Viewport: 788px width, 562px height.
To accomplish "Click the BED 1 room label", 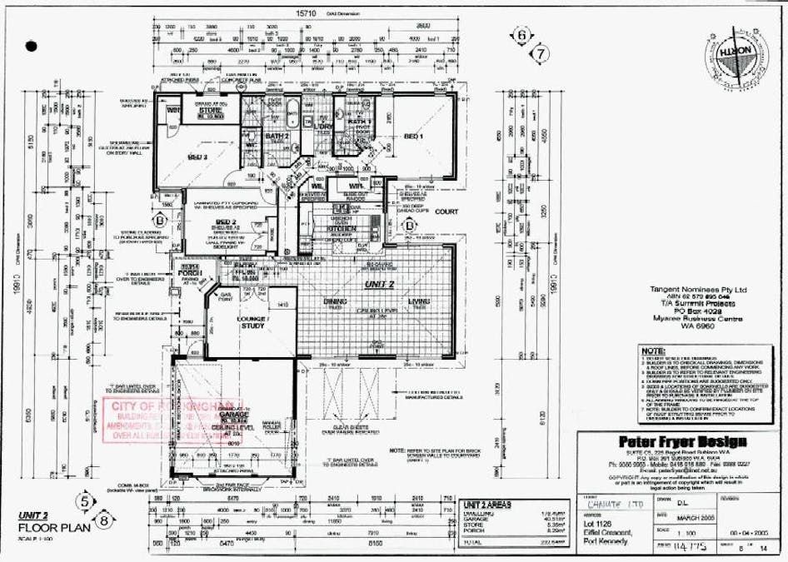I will click(x=414, y=136).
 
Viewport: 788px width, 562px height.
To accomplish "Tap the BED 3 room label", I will click(x=197, y=157).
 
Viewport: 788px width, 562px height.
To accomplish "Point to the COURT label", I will click(x=446, y=211).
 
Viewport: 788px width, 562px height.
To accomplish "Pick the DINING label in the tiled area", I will click(x=335, y=302).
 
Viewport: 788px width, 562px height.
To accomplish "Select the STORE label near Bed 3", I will click(x=207, y=111).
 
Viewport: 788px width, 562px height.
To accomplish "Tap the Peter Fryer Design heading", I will click(x=682, y=441).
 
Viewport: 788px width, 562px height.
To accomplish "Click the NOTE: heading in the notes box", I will click(x=654, y=352).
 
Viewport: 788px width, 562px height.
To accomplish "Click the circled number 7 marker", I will click(x=542, y=54).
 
